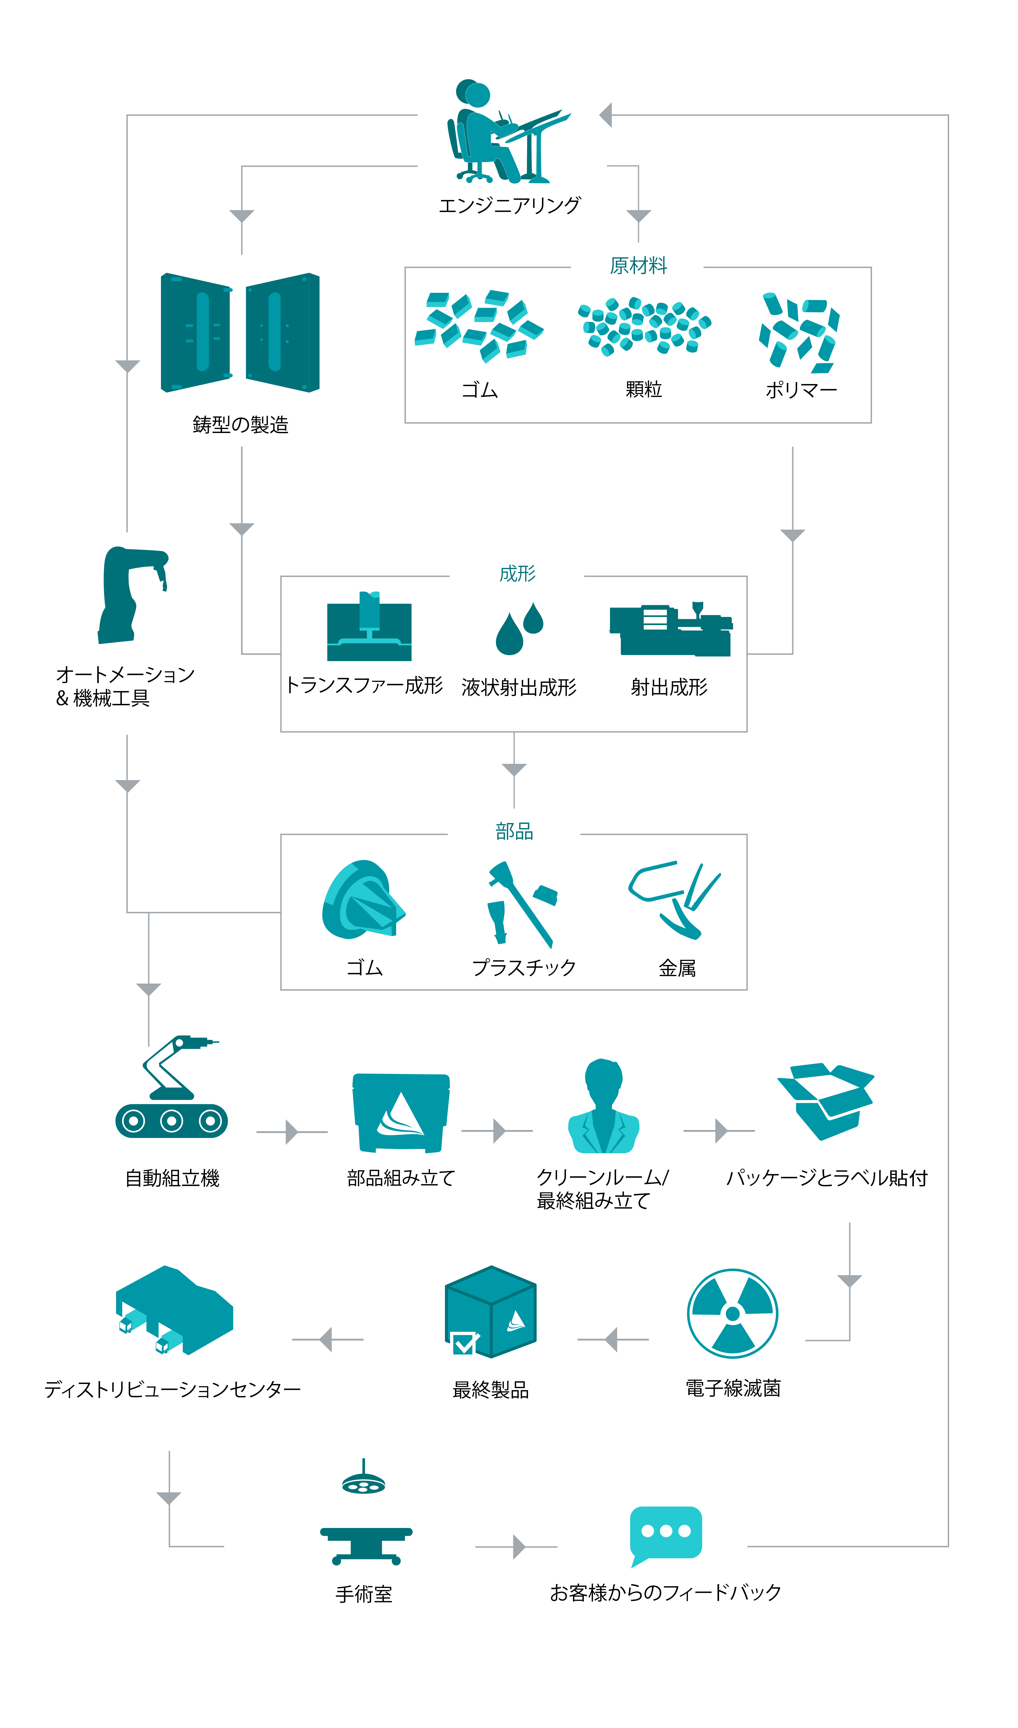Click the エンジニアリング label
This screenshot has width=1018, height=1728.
tap(509, 205)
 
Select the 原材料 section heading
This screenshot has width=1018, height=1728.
tap(638, 266)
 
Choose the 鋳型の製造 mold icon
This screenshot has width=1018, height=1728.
tap(240, 333)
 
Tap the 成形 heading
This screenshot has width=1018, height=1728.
tap(517, 574)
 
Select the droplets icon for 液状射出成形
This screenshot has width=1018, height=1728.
tap(519, 628)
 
